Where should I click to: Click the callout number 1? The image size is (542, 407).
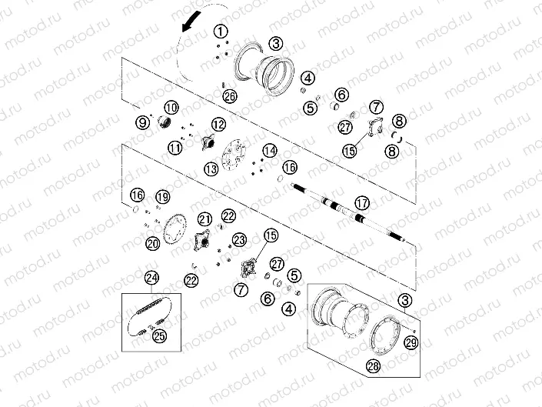(x=221, y=32)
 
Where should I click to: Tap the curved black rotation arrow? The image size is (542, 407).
(x=191, y=22)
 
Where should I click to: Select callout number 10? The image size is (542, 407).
(x=171, y=108)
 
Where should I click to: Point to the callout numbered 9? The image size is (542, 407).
(x=142, y=122)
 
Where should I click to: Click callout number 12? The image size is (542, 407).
(x=218, y=125)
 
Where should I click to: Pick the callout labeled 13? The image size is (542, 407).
(x=211, y=169)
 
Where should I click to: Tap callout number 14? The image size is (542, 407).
(x=270, y=151)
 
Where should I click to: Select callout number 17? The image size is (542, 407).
(x=362, y=203)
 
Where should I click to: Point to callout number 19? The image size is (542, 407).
(x=163, y=197)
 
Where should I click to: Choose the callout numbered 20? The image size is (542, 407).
(x=152, y=244)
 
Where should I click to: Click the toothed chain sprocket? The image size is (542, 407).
(x=175, y=229)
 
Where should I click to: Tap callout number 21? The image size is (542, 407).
(x=205, y=219)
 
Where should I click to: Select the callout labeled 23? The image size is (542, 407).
(x=239, y=240)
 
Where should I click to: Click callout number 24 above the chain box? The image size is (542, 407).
(x=151, y=278)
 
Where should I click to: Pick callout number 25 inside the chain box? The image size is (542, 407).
(x=160, y=335)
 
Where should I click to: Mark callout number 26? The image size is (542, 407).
(x=230, y=96)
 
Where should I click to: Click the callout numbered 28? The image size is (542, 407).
(x=374, y=365)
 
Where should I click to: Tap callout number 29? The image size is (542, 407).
(x=411, y=342)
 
